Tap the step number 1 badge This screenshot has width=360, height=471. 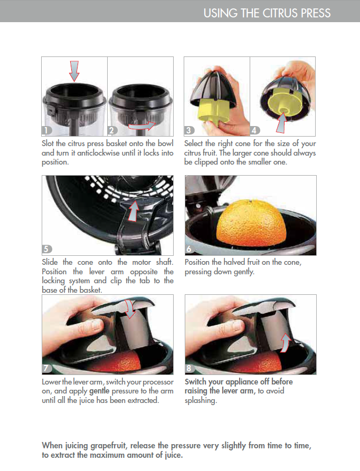click(x=46, y=130)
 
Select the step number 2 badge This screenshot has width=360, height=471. click(x=112, y=130)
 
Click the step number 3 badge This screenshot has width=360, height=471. click(x=189, y=130)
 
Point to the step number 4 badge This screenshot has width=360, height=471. click(x=254, y=130)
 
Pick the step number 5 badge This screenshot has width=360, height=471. click(x=46, y=249)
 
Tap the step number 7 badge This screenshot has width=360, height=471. click(x=46, y=368)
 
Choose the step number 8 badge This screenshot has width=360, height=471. click(x=190, y=368)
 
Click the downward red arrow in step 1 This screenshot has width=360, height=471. click(x=74, y=71)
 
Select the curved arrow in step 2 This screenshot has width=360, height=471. click(x=142, y=126)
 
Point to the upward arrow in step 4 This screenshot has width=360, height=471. click(x=281, y=122)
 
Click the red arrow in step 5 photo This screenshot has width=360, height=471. click(x=134, y=211)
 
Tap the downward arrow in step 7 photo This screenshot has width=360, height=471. click(x=130, y=309)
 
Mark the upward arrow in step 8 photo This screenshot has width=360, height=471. click(x=286, y=343)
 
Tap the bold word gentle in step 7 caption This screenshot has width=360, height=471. click(x=99, y=391)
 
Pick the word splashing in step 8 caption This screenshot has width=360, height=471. click(x=201, y=401)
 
